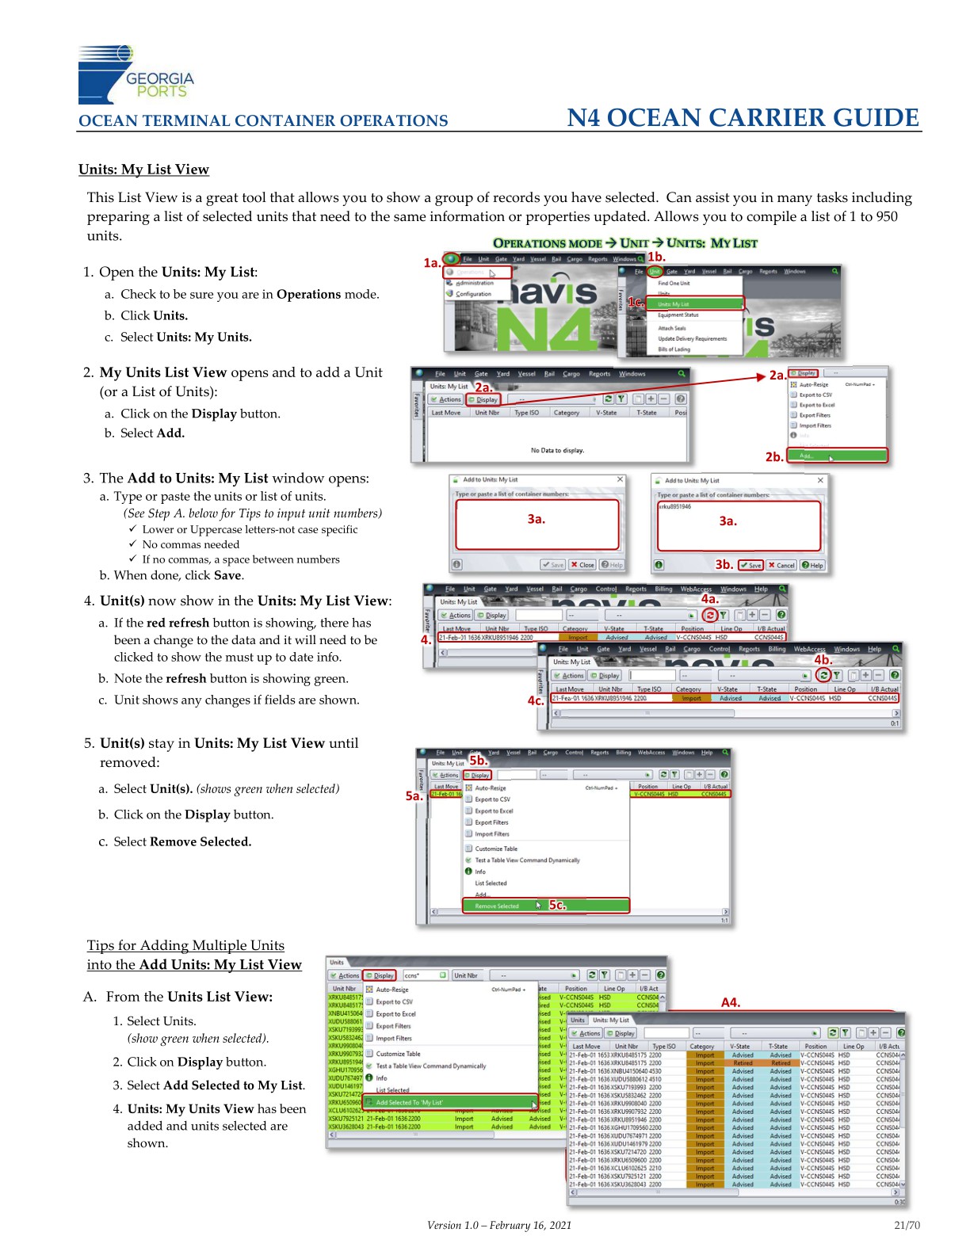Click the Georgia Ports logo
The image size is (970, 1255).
[x=136, y=74]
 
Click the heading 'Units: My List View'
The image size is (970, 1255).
[x=143, y=170]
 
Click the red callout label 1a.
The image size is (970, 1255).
[x=431, y=262]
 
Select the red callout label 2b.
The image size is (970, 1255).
[x=774, y=456]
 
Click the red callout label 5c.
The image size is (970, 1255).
[x=558, y=905]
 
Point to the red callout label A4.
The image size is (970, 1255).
[x=731, y=1002]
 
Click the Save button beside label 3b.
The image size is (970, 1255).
[x=750, y=565]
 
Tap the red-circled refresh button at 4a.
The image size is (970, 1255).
[x=710, y=615]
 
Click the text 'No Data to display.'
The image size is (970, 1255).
[x=557, y=450]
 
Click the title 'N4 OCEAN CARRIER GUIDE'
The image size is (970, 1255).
[x=743, y=118]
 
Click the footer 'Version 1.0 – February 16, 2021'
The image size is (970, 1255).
[x=498, y=1225]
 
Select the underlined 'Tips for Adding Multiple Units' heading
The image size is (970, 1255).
[x=185, y=945]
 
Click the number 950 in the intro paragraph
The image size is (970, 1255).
[x=886, y=216]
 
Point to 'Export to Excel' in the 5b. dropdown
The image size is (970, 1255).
[x=494, y=811]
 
